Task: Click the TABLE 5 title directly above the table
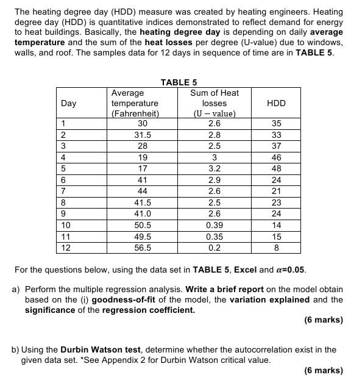(179, 82)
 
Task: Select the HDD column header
(276, 103)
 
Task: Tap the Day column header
(69, 103)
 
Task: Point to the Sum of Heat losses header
(215, 103)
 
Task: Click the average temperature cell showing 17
(143, 168)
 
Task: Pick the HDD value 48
(276, 168)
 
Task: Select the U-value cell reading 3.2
(215, 168)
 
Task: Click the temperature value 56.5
(143, 248)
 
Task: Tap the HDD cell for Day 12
(276, 248)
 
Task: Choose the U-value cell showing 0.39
(215, 225)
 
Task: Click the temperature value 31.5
(143, 135)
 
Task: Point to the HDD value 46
(276, 157)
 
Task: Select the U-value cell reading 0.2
(215, 248)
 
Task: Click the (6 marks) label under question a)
(323, 320)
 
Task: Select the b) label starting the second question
(16, 349)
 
